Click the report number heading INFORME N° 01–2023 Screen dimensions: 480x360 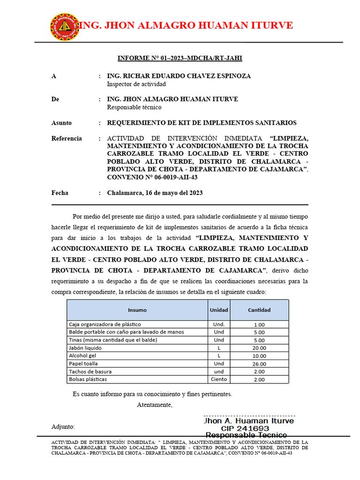[180, 59]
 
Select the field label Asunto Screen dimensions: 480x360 [61, 123]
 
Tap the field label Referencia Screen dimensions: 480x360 [67, 138]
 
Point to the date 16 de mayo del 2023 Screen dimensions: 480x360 [155, 193]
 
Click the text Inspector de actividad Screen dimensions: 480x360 [136, 84]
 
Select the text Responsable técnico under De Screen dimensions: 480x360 [135, 107]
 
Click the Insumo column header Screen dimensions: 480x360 [137, 310]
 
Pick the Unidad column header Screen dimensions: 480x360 [219, 310]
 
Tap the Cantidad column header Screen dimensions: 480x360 [259, 310]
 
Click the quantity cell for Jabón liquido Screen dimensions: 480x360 [259, 348]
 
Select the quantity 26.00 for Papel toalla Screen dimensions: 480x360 [259, 364]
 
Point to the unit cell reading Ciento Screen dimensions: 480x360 [219, 379]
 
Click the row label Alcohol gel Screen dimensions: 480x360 [83, 356]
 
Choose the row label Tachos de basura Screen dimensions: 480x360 [90, 371]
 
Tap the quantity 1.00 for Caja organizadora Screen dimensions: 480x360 [259, 324]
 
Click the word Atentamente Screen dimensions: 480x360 [155, 405]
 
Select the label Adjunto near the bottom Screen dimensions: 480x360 [63, 427]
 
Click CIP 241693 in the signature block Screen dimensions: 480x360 [245, 428]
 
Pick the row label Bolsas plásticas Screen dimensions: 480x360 [88, 379]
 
